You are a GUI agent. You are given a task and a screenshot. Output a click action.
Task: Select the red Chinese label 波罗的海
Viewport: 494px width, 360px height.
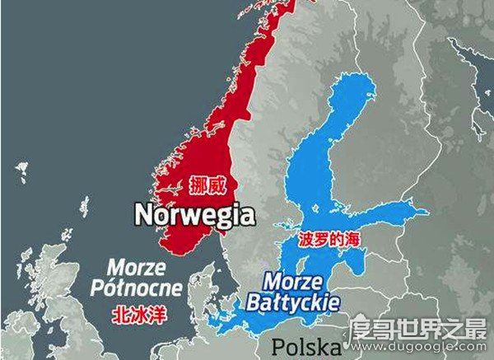[x=329, y=240]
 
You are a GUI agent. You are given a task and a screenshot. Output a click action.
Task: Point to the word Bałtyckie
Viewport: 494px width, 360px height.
[x=292, y=302]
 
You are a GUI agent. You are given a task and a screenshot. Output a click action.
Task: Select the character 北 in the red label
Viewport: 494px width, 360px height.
[x=119, y=315]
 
